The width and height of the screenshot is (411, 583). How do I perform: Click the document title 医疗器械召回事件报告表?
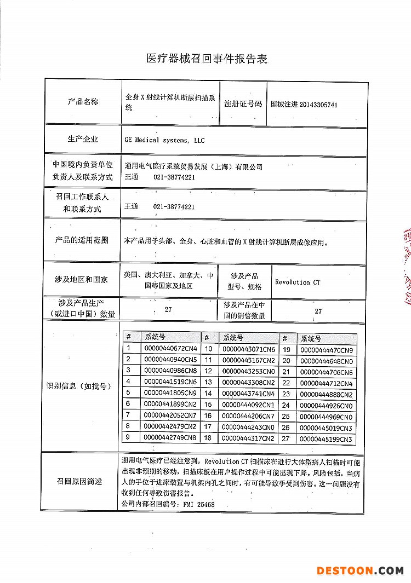207,59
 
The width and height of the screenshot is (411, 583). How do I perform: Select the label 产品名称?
83,102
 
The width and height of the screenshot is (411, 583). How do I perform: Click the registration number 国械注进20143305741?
304,104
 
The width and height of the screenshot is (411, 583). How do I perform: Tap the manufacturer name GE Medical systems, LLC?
164,141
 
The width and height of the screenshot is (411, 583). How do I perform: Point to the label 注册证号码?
243,103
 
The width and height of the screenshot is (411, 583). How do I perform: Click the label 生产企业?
83,140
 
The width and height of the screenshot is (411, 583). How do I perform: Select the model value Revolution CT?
298,282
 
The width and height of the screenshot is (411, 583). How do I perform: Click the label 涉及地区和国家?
81,279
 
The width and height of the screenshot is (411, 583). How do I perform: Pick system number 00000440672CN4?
170,349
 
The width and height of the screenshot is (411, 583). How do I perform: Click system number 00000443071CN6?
248,349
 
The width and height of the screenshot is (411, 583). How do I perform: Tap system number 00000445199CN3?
327,440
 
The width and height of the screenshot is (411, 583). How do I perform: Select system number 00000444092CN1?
248,405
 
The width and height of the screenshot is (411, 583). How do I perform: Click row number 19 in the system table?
286,350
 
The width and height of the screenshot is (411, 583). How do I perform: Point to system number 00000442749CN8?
170,438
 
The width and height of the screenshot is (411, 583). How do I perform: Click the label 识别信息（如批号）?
81,386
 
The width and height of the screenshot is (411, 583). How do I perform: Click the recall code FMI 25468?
199,504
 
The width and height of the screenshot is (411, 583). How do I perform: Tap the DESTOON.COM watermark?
359,570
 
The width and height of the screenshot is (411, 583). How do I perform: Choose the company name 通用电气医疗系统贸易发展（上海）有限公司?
194,167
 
